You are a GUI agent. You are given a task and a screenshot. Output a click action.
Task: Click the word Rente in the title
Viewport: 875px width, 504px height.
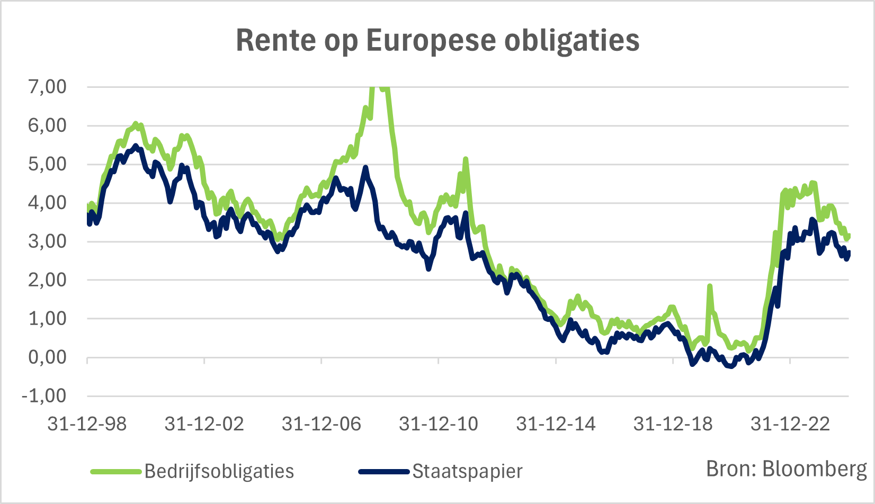coord(275,40)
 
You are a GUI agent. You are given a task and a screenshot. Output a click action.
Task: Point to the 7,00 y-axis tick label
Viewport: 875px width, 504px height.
coord(47,87)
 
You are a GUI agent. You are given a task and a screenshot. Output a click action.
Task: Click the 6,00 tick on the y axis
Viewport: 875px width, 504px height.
coord(47,125)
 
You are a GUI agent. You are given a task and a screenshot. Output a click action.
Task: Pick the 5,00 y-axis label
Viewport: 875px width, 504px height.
coord(47,164)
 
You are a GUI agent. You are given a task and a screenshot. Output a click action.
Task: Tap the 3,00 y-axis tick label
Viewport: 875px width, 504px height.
coord(47,241)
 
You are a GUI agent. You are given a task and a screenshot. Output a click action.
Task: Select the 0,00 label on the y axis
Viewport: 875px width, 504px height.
coord(47,357)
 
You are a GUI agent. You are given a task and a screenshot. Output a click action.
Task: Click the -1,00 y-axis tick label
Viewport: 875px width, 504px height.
coord(43,396)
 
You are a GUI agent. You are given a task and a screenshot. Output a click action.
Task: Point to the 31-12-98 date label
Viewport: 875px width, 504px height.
coord(87,424)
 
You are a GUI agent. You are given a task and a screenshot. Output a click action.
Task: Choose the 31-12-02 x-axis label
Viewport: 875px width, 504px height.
coord(204,424)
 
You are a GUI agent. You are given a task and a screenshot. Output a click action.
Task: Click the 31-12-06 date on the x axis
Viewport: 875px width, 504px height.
coord(322,424)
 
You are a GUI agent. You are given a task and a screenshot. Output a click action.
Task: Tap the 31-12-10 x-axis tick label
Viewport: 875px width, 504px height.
coord(439,424)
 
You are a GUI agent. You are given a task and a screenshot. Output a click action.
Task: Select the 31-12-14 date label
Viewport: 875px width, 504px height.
coord(556,424)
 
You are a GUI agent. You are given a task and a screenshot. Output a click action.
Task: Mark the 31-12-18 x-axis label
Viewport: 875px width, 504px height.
coord(673,424)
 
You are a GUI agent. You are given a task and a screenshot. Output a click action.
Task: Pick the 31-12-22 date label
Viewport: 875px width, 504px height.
coord(790,424)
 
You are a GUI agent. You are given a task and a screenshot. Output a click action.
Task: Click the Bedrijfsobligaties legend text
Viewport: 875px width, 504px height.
coord(219,471)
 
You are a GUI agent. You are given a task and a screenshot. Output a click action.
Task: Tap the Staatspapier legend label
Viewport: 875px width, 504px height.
coord(467,471)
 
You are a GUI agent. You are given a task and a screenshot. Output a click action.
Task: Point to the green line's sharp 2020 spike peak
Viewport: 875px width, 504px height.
coord(709,286)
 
